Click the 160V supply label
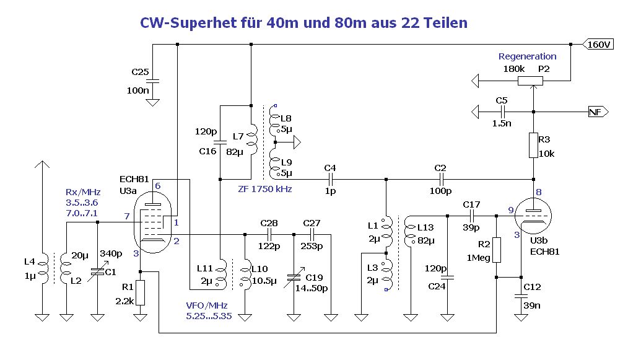(x=599, y=45)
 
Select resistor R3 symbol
(x=533, y=146)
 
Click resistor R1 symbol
(x=141, y=292)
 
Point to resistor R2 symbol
(x=496, y=249)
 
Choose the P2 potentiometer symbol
(x=531, y=81)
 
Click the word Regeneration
(x=527, y=56)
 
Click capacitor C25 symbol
(x=153, y=81)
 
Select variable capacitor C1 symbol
(x=98, y=271)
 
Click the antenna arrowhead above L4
(x=42, y=165)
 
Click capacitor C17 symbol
(x=471, y=216)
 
